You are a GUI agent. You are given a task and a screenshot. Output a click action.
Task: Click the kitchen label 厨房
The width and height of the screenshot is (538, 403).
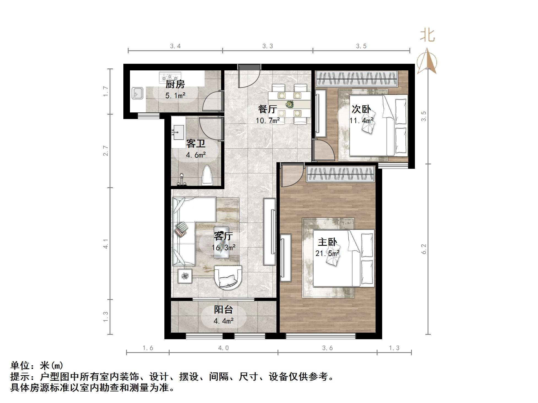(x=175, y=84)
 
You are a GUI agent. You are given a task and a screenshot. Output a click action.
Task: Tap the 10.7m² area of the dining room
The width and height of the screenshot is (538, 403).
(x=268, y=120)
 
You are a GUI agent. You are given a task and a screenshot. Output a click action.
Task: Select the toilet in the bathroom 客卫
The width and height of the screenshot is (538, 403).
(x=208, y=175)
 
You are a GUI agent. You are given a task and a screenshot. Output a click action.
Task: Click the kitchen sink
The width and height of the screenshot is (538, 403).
(x=137, y=93)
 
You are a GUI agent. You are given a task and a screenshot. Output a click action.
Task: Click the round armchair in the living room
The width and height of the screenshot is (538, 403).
(x=228, y=278)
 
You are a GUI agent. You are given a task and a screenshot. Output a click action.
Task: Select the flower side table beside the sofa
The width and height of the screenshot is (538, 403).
(x=185, y=276)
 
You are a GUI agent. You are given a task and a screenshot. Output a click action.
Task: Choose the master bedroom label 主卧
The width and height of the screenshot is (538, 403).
(x=327, y=242)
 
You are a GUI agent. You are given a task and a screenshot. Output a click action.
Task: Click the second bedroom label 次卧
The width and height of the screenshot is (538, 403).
(x=361, y=109)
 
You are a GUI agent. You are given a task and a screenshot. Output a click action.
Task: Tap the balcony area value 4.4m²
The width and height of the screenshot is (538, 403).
(x=224, y=321)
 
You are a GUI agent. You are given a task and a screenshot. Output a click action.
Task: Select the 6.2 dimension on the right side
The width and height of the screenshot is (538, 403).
(x=424, y=249)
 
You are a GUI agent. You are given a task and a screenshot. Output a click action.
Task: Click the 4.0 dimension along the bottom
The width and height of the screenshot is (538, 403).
(x=223, y=348)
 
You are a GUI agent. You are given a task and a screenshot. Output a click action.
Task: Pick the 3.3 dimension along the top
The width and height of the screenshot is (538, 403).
(x=268, y=46)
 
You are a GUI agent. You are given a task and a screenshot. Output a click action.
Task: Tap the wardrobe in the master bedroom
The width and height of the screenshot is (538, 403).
(x=341, y=174)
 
